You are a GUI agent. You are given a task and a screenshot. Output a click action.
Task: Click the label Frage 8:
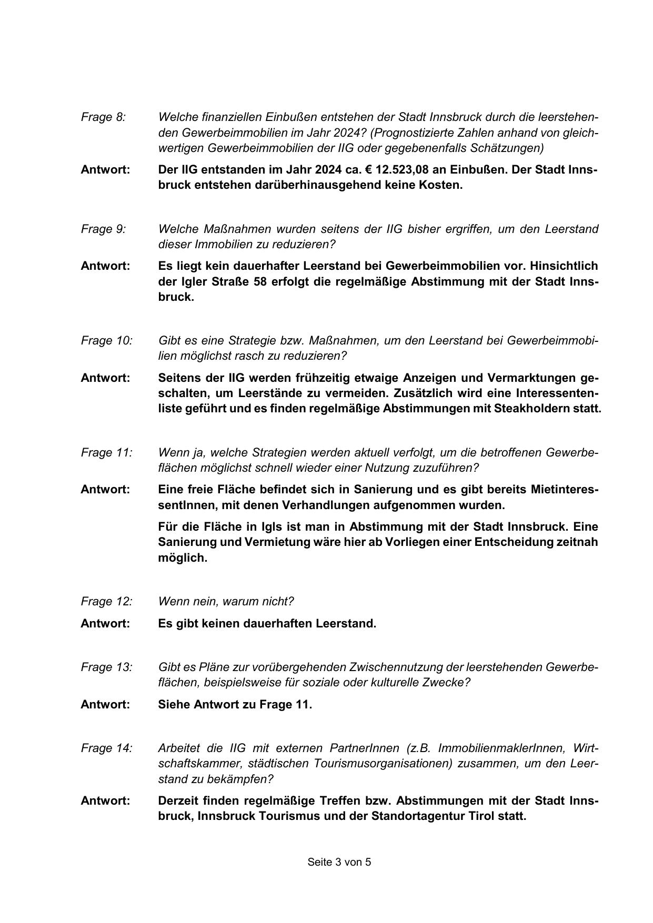tap(103, 117)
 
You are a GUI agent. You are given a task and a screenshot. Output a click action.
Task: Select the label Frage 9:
tap(103, 229)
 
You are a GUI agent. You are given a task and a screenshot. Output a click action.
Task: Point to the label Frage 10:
tap(106, 341)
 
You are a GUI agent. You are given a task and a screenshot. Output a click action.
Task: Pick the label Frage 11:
tap(106, 453)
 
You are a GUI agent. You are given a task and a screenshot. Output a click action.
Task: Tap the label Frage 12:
tap(106, 602)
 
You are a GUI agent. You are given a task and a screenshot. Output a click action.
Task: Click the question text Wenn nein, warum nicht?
tap(226, 602)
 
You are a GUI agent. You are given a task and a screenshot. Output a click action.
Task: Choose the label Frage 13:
tap(106, 667)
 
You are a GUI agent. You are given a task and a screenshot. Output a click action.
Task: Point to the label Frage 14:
tap(106, 748)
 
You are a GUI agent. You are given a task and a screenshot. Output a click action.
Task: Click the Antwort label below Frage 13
tap(105, 705)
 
